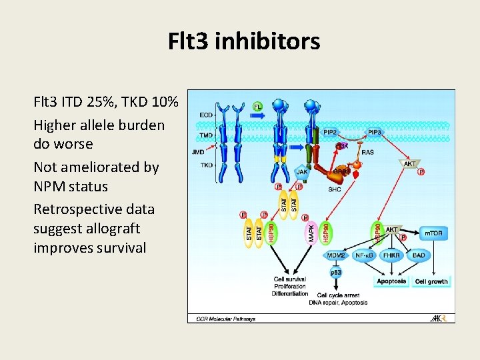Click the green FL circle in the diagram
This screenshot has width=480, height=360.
pos(258,106)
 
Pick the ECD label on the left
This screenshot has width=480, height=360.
pos(206,115)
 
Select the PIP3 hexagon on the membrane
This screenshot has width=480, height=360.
pos(375,132)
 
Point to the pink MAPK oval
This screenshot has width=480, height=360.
pos(311,233)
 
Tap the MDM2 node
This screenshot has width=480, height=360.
pos(336,255)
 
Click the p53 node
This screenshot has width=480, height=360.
pos(336,273)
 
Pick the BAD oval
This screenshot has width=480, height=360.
pos(419,255)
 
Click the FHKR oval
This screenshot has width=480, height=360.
pos(393,255)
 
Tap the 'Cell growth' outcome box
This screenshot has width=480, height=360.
pos(431,281)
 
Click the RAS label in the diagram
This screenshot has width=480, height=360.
pos(368,152)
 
